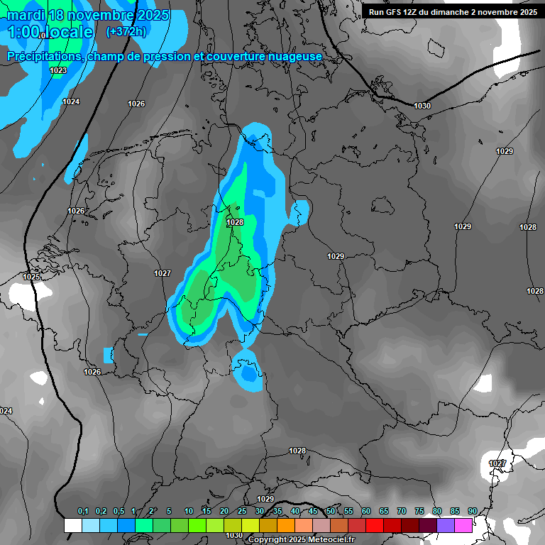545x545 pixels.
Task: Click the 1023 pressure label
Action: click(58, 70)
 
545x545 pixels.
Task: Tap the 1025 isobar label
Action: click(31, 277)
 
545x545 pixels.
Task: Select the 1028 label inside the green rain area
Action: click(235, 222)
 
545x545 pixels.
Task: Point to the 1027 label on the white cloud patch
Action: click(497, 463)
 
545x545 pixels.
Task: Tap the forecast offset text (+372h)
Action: click(126, 32)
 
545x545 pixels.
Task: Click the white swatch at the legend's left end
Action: click(72, 525)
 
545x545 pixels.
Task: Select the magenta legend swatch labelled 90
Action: click(463, 525)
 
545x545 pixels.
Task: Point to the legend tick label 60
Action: click(366, 512)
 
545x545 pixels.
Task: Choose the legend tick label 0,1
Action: click(83, 512)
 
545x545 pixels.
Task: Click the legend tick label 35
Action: click(277, 512)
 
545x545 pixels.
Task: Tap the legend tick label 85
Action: click(455, 512)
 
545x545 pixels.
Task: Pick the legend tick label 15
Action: click(207, 512)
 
